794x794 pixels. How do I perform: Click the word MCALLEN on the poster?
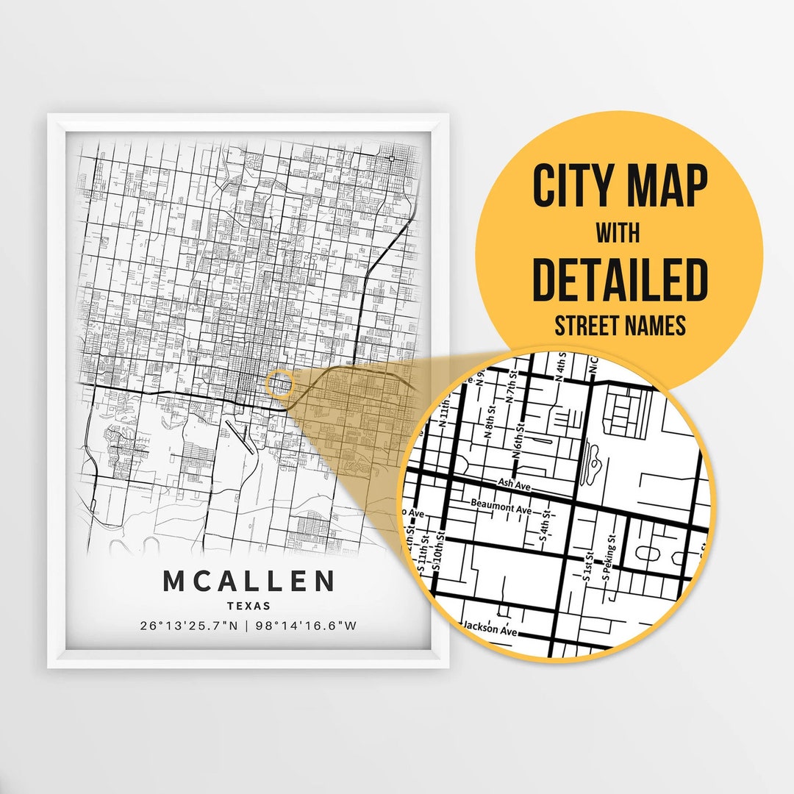(248, 581)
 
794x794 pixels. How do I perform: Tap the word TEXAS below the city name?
(248, 607)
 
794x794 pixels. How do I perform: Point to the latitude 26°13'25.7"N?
(191, 626)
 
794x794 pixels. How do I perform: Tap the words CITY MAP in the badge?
(619, 187)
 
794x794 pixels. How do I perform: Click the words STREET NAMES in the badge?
(618, 324)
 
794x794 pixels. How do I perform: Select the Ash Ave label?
(514, 484)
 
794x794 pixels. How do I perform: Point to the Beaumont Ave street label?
(501, 509)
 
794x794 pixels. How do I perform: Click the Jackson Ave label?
(490, 629)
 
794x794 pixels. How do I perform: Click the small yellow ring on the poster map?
(279, 384)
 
